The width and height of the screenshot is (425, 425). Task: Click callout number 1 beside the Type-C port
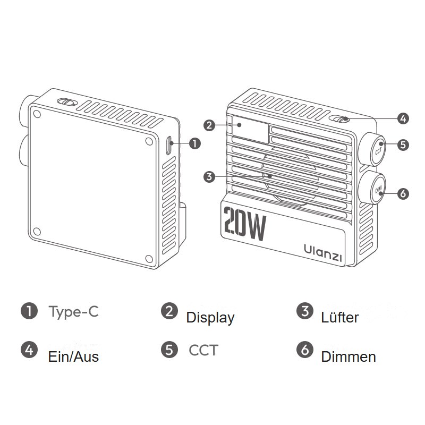(195, 143)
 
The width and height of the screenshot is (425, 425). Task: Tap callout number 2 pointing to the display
(209, 125)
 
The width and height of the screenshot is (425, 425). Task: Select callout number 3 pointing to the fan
(209, 177)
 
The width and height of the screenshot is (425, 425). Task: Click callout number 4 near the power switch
(403, 118)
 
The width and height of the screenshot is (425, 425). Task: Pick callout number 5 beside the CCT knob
(403, 144)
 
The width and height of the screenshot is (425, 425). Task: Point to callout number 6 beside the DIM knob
(403, 193)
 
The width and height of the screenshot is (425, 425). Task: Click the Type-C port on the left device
(169, 145)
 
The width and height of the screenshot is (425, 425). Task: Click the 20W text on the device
(245, 224)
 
